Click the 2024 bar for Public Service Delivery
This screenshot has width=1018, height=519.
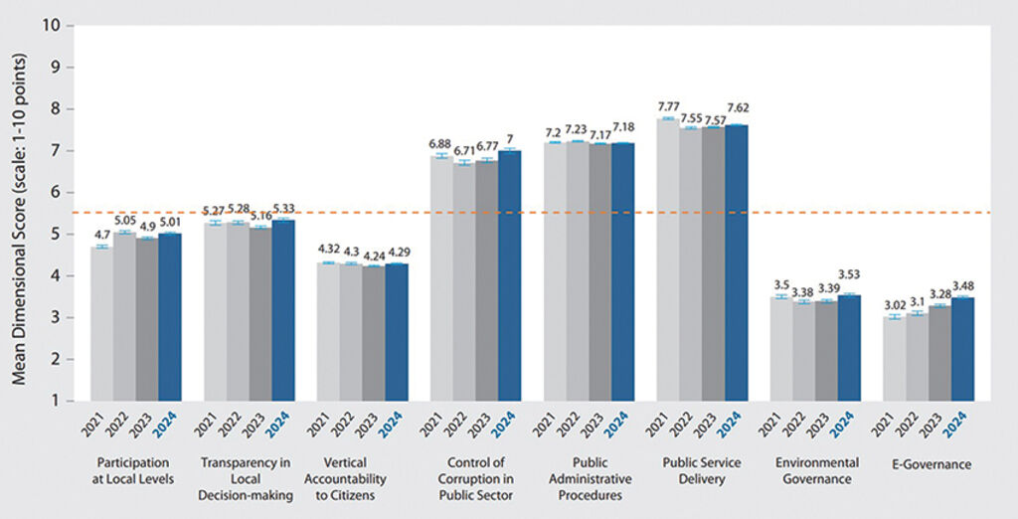point(736,263)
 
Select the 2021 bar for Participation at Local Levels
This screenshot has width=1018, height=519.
point(101,324)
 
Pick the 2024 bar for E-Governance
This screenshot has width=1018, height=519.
point(963,349)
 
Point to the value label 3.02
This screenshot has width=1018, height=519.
point(896,305)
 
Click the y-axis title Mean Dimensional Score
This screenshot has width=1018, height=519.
point(20,212)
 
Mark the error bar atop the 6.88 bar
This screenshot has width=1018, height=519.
point(441,156)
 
